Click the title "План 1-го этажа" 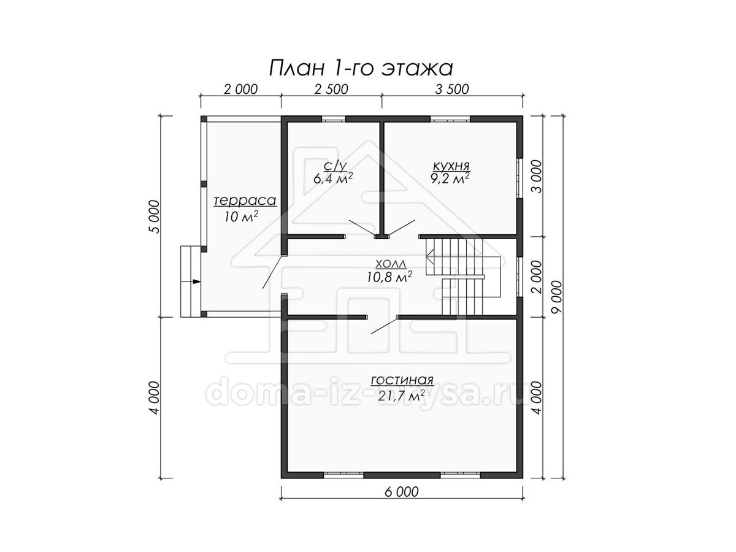[361, 68]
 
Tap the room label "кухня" [451, 166]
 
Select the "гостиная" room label [402, 380]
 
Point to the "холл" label [391, 264]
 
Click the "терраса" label [245, 201]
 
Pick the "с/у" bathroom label [335, 166]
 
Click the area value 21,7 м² [400, 396]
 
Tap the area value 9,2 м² [450, 178]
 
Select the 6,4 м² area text [333, 178]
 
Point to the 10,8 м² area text [389, 277]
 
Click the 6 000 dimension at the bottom [402, 492]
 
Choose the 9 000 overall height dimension [556, 297]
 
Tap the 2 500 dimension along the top [331, 89]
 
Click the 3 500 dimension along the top [452, 89]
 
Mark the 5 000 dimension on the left [155, 217]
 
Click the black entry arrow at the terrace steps [196, 282]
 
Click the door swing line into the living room [385, 326]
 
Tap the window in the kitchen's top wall [450, 118]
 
